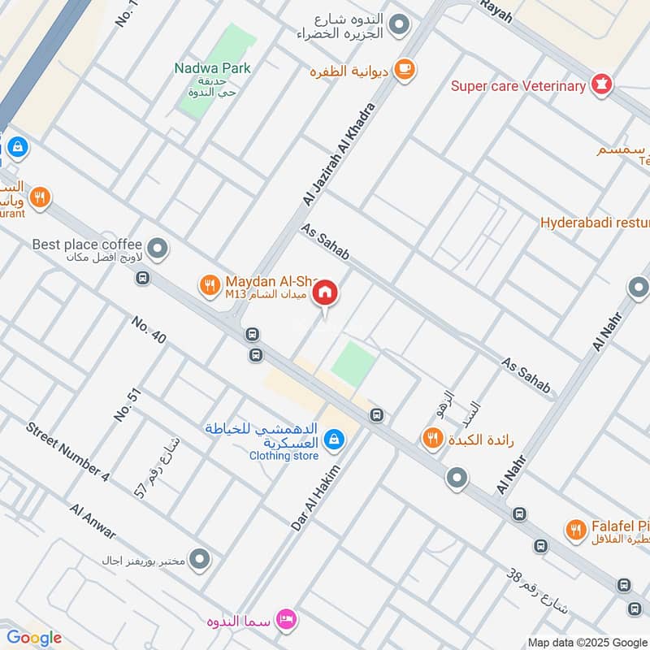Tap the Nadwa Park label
click(212, 68)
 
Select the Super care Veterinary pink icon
click(602, 84)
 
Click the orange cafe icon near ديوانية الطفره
click(404, 71)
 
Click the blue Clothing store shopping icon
click(333, 441)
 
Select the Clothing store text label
click(284, 456)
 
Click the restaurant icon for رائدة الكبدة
click(431, 440)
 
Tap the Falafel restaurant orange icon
click(576, 530)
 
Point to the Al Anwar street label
click(93, 522)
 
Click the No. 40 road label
click(149, 330)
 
